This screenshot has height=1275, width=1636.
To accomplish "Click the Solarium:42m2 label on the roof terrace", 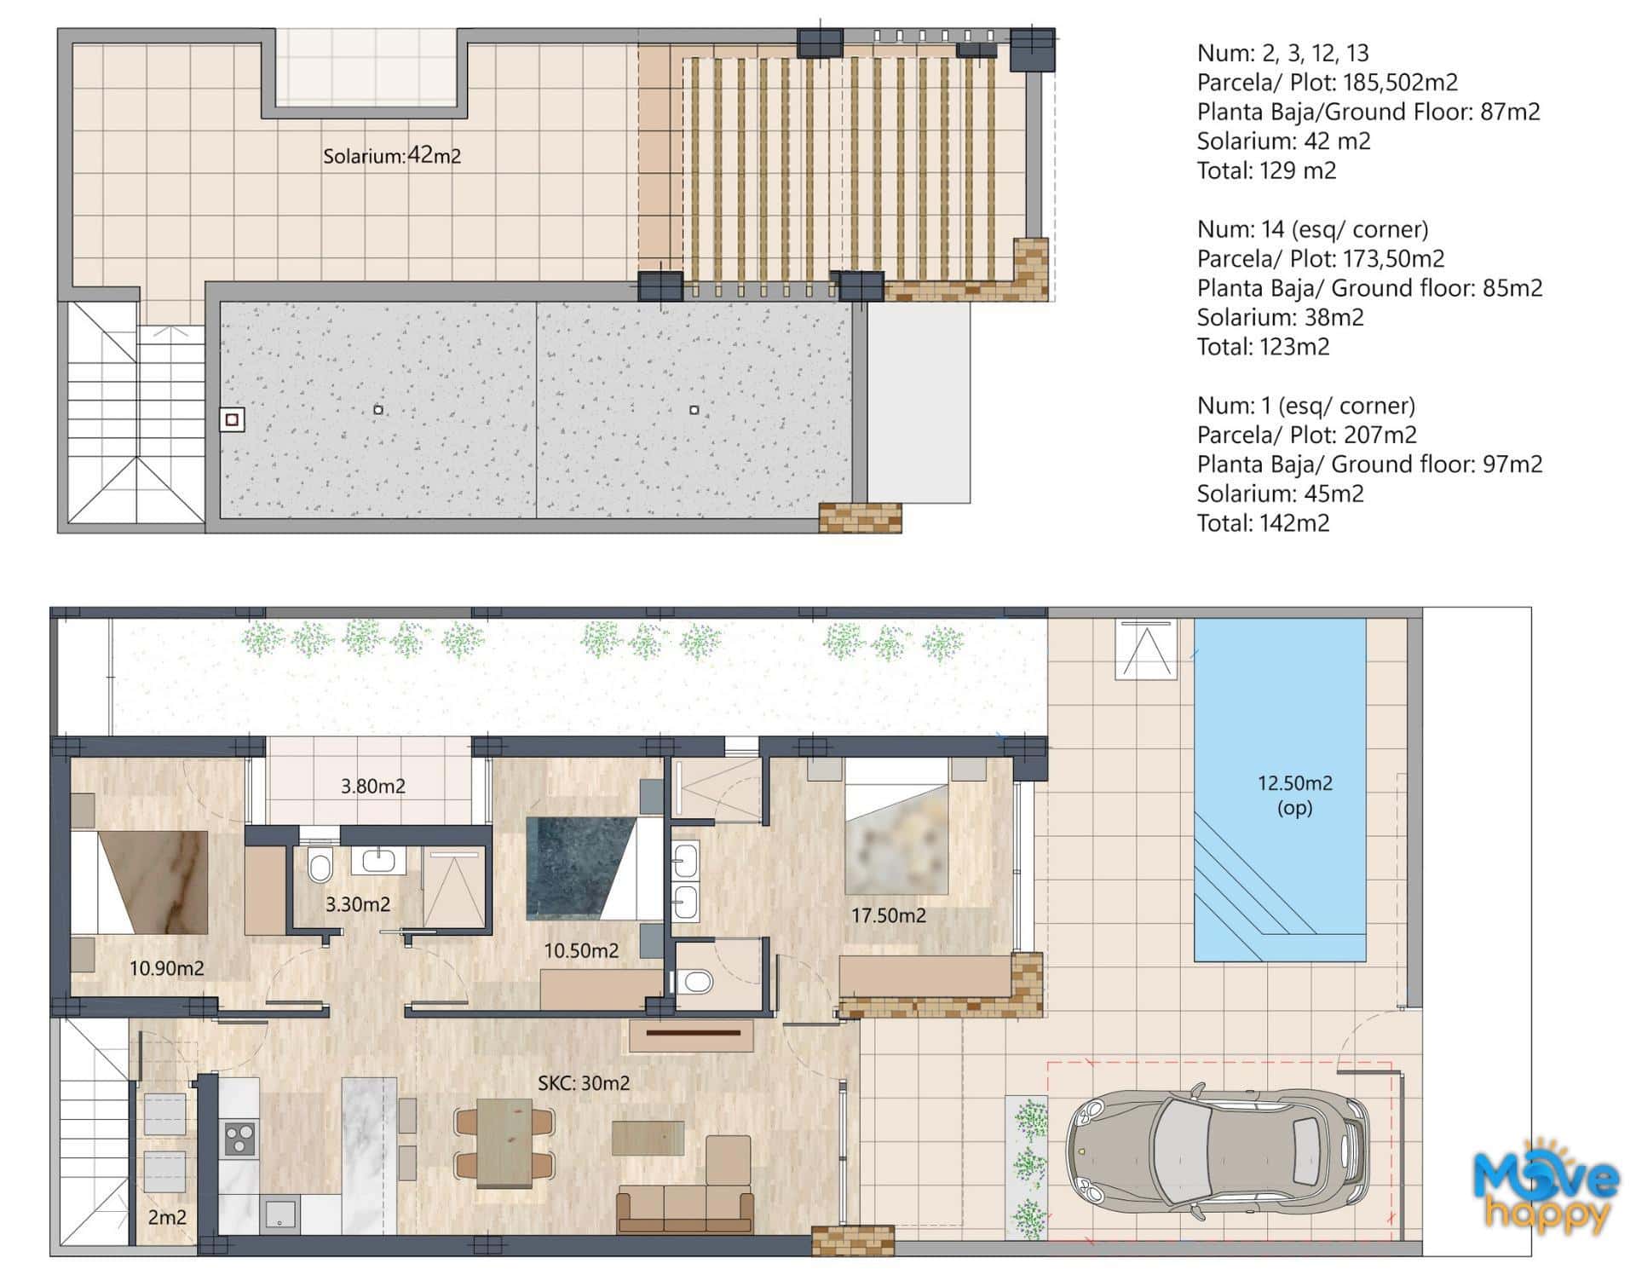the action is pyautogui.click(x=392, y=156).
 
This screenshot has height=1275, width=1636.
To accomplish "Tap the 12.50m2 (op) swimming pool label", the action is pyautogui.click(x=1294, y=794).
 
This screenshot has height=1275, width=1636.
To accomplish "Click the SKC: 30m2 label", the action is pyautogui.click(x=584, y=1083).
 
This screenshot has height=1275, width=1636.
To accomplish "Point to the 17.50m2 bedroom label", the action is pyautogui.click(x=889, y=915).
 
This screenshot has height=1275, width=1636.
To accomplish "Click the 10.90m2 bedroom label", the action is pyautogui.click(x=166, y=968).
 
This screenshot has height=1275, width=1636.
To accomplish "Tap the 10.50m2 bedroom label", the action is pyautogui.click(x=581, y=950).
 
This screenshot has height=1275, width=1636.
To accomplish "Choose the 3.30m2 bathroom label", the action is pyautogui.click(x=358, y=904).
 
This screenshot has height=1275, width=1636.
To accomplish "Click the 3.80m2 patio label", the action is pyautogui.click(x=373, y=786).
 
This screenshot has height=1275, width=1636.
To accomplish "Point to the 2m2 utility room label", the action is pyautogui.click(x=167, y=1217).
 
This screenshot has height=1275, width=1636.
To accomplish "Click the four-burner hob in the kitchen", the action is pyautogui.click(x=239, y=1139).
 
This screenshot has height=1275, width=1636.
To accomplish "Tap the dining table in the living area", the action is pyautogui.click(x=504, y=1143).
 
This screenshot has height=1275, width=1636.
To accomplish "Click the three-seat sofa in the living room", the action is pyautogui.click(x=686, y=1209).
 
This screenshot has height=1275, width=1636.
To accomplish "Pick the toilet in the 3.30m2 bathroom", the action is pyautogui.click(x=320, y=866).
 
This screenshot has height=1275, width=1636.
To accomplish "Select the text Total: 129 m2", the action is pyautogui.click(x=1266, y=170).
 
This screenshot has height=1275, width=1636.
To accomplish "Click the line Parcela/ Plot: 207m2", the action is pyautogui.click(x=1306, y=435).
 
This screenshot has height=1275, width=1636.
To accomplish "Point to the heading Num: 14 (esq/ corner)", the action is pyautogui.click(x=1312, y=229).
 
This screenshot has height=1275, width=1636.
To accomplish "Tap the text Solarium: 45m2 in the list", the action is pyautogui.click(x=1280, y=493).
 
